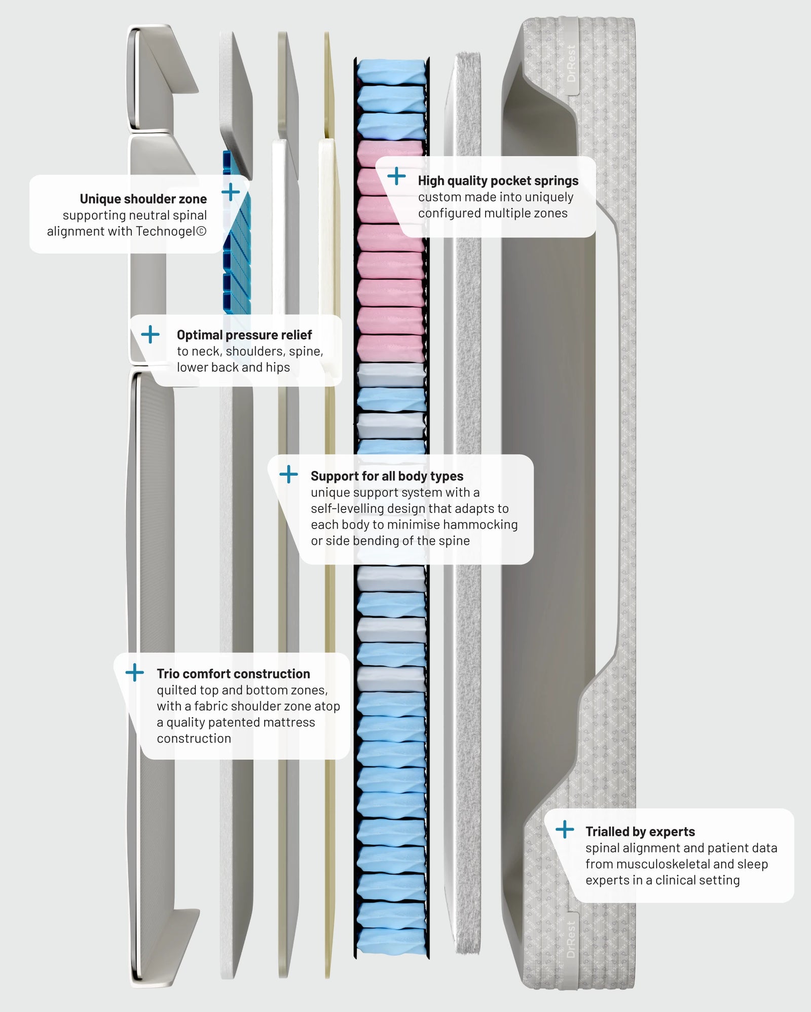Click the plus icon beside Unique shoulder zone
[231, 192]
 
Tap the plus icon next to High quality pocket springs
[396, 176]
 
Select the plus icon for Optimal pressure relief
[150, 334]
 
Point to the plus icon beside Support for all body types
[288, 475]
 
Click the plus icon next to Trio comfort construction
[135, 673]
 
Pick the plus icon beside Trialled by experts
[565, 829]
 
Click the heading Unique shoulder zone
[143, 199]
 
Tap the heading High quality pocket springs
[498, 180]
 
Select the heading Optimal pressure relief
[244, 335]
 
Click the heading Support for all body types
[387, 476]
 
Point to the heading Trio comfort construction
[233, 674]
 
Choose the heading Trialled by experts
[640, 832]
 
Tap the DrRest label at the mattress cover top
[571, 64]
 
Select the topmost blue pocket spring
[391, 71]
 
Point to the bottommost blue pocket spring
[391, 939]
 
